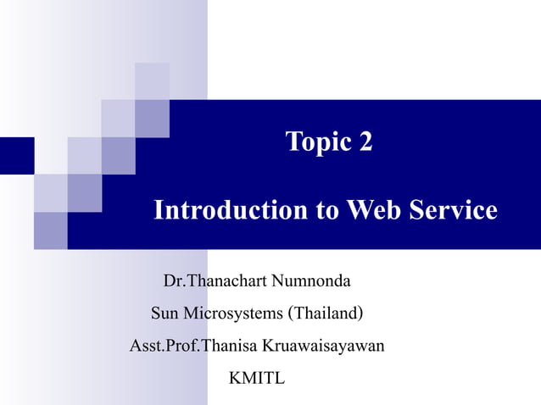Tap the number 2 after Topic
pyautogui.click(x=365, y=141)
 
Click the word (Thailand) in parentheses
pyautogui.click(x=327, y=313)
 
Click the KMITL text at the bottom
pyautogui.click(x=257, y=377)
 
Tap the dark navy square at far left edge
pyautogui.click(x=16, y=155)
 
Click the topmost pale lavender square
pyautogui.click(x=152, y=80)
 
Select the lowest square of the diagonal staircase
pyautogui.click(x=50, y=230)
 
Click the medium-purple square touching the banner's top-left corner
pyautogui.click(x=152, y=117)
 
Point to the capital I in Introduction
pyautogui.click(x=159, y=210)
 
